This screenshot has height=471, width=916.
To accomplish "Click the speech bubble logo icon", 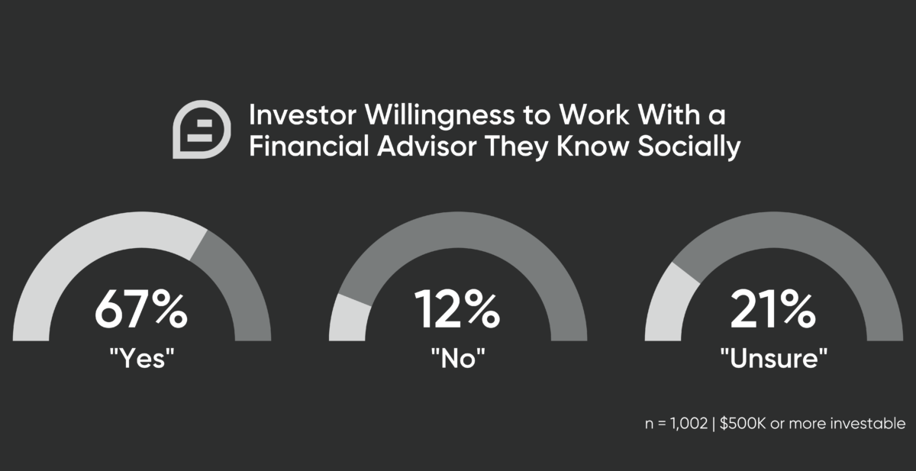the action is click(x=202, y=129).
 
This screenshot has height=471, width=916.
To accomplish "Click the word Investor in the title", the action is click(x=302, y=115).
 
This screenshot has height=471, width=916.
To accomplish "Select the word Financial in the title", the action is click(x=309, y=146).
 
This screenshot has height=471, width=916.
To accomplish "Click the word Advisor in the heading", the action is click(x=427, y=146).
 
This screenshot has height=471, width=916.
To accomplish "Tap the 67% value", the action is click(x=141, y=309).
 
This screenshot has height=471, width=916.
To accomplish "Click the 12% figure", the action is click(x=457, y=309).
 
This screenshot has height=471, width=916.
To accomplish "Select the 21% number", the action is click(x=772, y=309).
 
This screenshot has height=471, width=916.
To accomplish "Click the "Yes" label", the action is click(x=142, y=358).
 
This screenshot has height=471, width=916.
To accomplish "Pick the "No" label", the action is click(x=458, y=358).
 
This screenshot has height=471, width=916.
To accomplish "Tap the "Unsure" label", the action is click(x=774, y=358).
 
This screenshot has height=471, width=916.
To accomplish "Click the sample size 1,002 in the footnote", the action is click(x=689, y=424).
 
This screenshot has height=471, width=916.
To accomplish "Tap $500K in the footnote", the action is click(x=743, y=424).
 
